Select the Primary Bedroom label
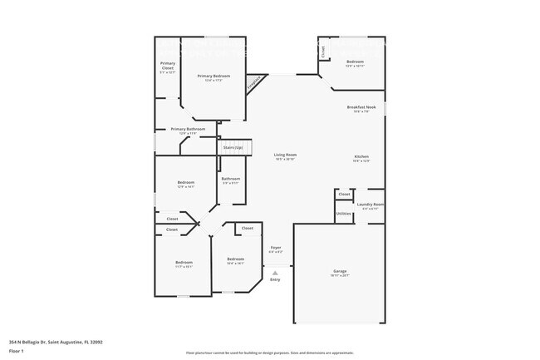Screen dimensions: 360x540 tap(214, 76)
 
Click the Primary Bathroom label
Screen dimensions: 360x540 tap(188, 130)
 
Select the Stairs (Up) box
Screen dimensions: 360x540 tap(233, 147)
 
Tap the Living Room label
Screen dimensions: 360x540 tap(286, 155)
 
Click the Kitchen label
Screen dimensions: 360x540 tap(361, 157)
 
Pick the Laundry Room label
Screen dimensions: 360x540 tap(370, 205)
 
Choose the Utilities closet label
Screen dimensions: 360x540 tap(344, 214)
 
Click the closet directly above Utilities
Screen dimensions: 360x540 tap(344, 195)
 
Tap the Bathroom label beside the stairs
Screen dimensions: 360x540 tap(230, 180)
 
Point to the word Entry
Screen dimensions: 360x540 tap(275, 279)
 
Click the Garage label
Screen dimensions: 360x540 tap(340, 272)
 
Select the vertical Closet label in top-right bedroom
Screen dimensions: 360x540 tap(323, 52)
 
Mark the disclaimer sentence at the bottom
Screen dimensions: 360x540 tap(269, 353)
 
